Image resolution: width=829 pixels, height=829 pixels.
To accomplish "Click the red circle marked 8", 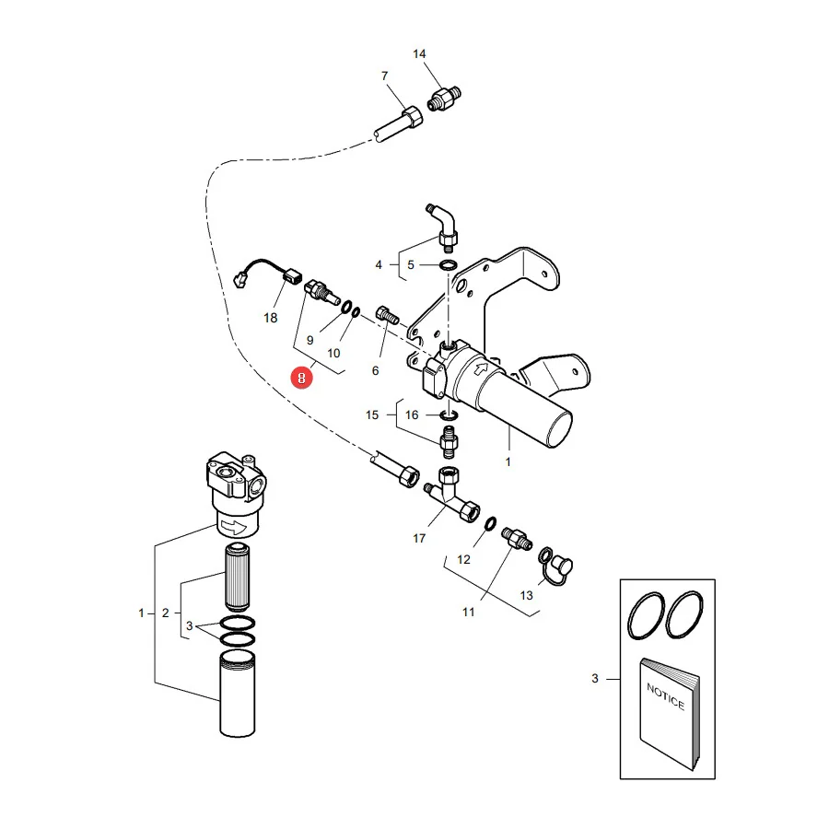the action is [301, 378].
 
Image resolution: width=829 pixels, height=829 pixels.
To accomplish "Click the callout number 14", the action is [419, 54].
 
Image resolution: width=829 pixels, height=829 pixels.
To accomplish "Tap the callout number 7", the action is [384, 76].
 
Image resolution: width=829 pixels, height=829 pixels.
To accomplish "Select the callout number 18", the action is [270, 318].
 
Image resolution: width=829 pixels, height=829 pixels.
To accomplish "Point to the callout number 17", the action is [419, 538].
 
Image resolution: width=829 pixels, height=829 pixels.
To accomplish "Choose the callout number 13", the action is [526, 595].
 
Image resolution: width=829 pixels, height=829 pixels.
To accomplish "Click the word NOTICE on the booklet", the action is [666, 697].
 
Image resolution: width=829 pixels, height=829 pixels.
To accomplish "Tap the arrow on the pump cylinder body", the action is [481, 368].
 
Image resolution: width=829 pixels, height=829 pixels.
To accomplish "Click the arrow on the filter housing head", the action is [234, 527].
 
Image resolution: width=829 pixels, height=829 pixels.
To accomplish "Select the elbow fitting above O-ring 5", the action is [444, 225].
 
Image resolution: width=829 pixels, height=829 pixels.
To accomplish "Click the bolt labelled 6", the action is [387, 316].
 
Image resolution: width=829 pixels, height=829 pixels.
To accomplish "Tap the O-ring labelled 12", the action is [490, 523].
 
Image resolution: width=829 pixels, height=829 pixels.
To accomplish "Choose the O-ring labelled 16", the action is [449, 415].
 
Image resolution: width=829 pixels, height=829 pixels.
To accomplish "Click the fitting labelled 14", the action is [444, 98].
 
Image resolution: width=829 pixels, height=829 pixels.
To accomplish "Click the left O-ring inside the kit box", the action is [646, 615].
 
